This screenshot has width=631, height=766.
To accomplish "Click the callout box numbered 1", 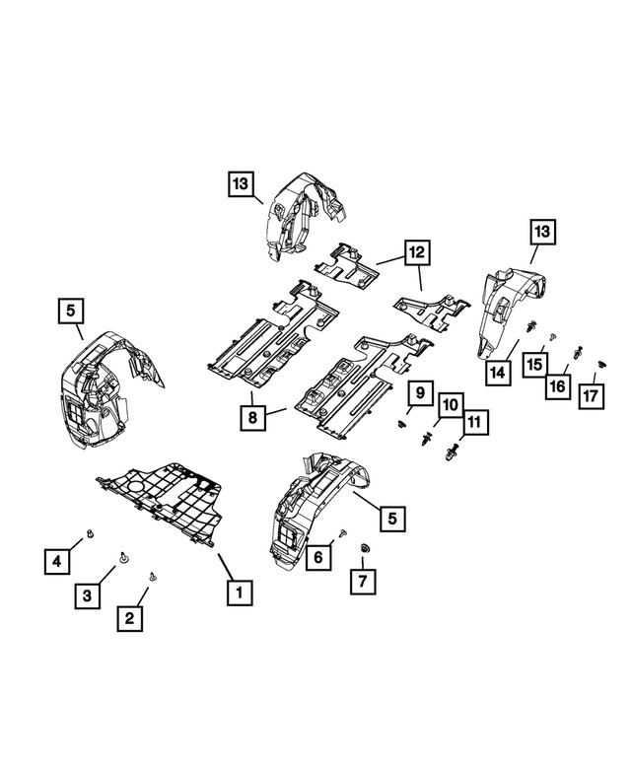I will point(237,592).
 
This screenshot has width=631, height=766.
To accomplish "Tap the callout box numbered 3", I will point(87,594).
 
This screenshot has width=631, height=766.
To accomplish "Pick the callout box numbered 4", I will point(56,561).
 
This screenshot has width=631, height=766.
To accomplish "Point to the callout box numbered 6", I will point(317,557).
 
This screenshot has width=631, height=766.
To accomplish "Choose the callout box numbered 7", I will point(362,581).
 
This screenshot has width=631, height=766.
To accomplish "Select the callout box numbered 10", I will point(450,404).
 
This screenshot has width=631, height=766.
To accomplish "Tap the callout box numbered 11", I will point(475,423).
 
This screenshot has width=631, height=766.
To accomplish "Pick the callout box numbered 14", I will point(499,373).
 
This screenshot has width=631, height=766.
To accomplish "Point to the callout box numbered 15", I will point(534,365).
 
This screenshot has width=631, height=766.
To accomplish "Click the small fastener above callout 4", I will point(89,533).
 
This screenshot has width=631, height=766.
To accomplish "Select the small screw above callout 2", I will point(152,577).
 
